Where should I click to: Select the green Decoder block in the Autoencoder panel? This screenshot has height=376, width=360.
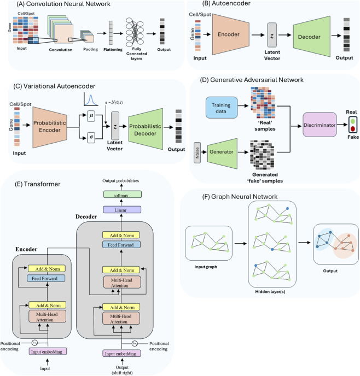click(311, 37)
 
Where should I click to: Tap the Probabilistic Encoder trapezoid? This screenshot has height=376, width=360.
click(50, 127)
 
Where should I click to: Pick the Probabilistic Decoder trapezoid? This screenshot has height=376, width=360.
click(146, 129)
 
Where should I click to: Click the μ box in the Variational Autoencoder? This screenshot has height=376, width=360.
click(91, 116)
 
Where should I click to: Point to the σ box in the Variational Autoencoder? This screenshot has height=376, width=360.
click(91, 137)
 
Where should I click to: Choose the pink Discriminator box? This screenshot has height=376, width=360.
click(320, 125)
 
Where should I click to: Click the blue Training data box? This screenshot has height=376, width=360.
click(222, 108)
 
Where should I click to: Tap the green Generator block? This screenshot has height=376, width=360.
click(222, 154)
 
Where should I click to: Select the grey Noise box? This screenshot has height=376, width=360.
click(197, 153)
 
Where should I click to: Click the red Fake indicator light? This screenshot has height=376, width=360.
click(353, 129)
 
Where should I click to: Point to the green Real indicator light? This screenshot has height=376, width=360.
click(353, 121)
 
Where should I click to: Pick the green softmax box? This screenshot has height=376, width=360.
click(123, 194)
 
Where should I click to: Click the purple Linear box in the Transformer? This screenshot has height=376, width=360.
click(122, 209)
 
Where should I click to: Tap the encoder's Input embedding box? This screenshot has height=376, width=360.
click(48, 351)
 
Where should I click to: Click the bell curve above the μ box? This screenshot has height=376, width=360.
click(91, 100)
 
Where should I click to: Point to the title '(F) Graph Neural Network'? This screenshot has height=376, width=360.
click(240, 197)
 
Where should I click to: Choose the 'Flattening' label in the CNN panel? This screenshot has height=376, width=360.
click(113, 49)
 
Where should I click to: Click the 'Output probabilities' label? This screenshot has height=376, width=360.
click(121, 180)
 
